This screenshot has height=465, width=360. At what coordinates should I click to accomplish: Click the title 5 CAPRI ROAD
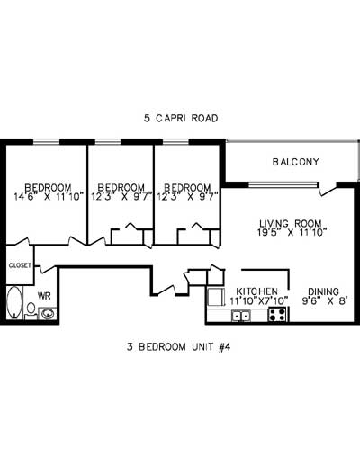click(x=181, y=118)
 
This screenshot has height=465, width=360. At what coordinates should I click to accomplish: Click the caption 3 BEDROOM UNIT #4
click(x=180, y=345)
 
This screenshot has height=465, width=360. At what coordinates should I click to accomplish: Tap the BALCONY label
click(x=296, y=162)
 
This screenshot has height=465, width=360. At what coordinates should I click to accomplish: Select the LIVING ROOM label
click(x=291, y=222)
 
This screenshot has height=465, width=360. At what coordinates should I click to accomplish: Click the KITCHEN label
click(x=256, y=291)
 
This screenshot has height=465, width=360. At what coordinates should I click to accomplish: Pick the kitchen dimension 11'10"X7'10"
click(x=257, y=300)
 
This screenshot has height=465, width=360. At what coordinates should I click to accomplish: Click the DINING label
click(x=323, y=291)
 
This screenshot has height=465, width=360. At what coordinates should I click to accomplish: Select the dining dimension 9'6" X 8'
click(x=323, y=300)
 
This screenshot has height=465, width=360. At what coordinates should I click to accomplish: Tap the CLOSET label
click(x=20, y=265)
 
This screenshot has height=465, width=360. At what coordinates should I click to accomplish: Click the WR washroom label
click(x=44, y=295)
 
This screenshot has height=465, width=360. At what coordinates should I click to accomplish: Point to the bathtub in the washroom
click(x=15, y=305)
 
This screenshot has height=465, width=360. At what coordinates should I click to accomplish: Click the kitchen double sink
click(x=242, y=316)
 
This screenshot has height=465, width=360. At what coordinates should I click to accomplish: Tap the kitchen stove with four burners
click(x=277, y=315)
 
